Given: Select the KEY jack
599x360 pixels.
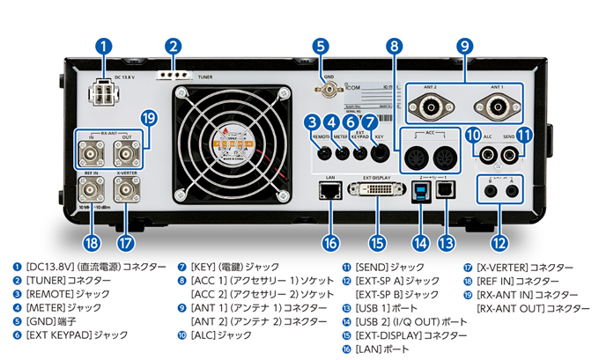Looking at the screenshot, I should coord(380,153).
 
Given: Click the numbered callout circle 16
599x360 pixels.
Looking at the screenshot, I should coord(329,242).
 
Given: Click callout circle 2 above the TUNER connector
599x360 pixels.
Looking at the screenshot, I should coord(174,47).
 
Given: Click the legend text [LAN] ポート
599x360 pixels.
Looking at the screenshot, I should coord(379,349).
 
